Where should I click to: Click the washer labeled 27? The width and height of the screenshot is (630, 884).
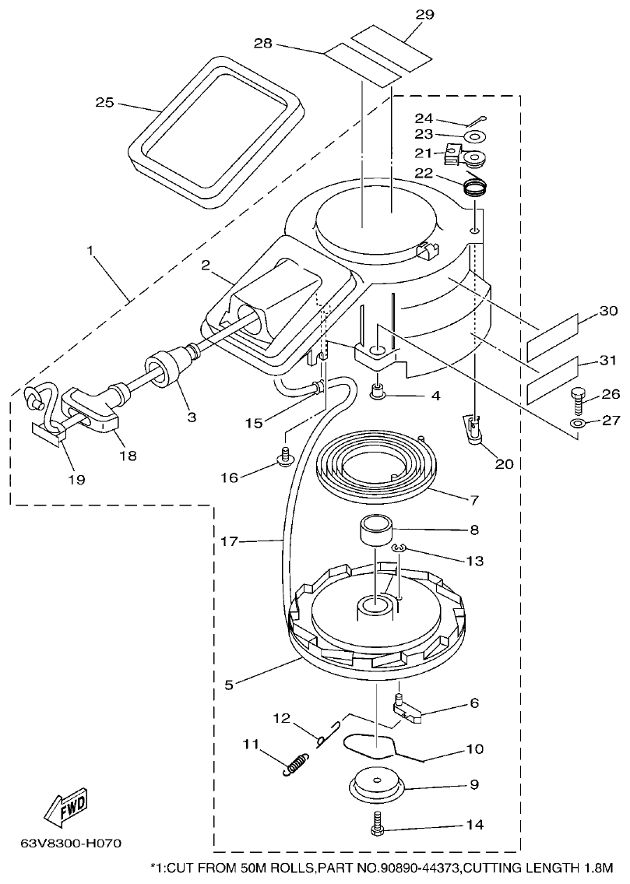(x=578, y=423)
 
